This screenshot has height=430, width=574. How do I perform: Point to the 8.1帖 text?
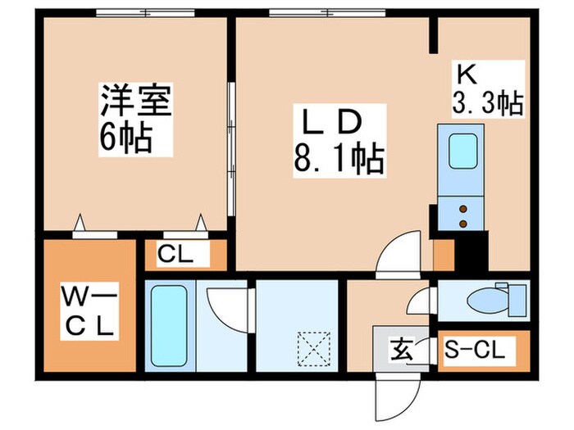coord(338,159)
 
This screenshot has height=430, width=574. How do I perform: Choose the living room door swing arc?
coord(399,253)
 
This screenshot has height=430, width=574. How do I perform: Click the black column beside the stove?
coord(471,250)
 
